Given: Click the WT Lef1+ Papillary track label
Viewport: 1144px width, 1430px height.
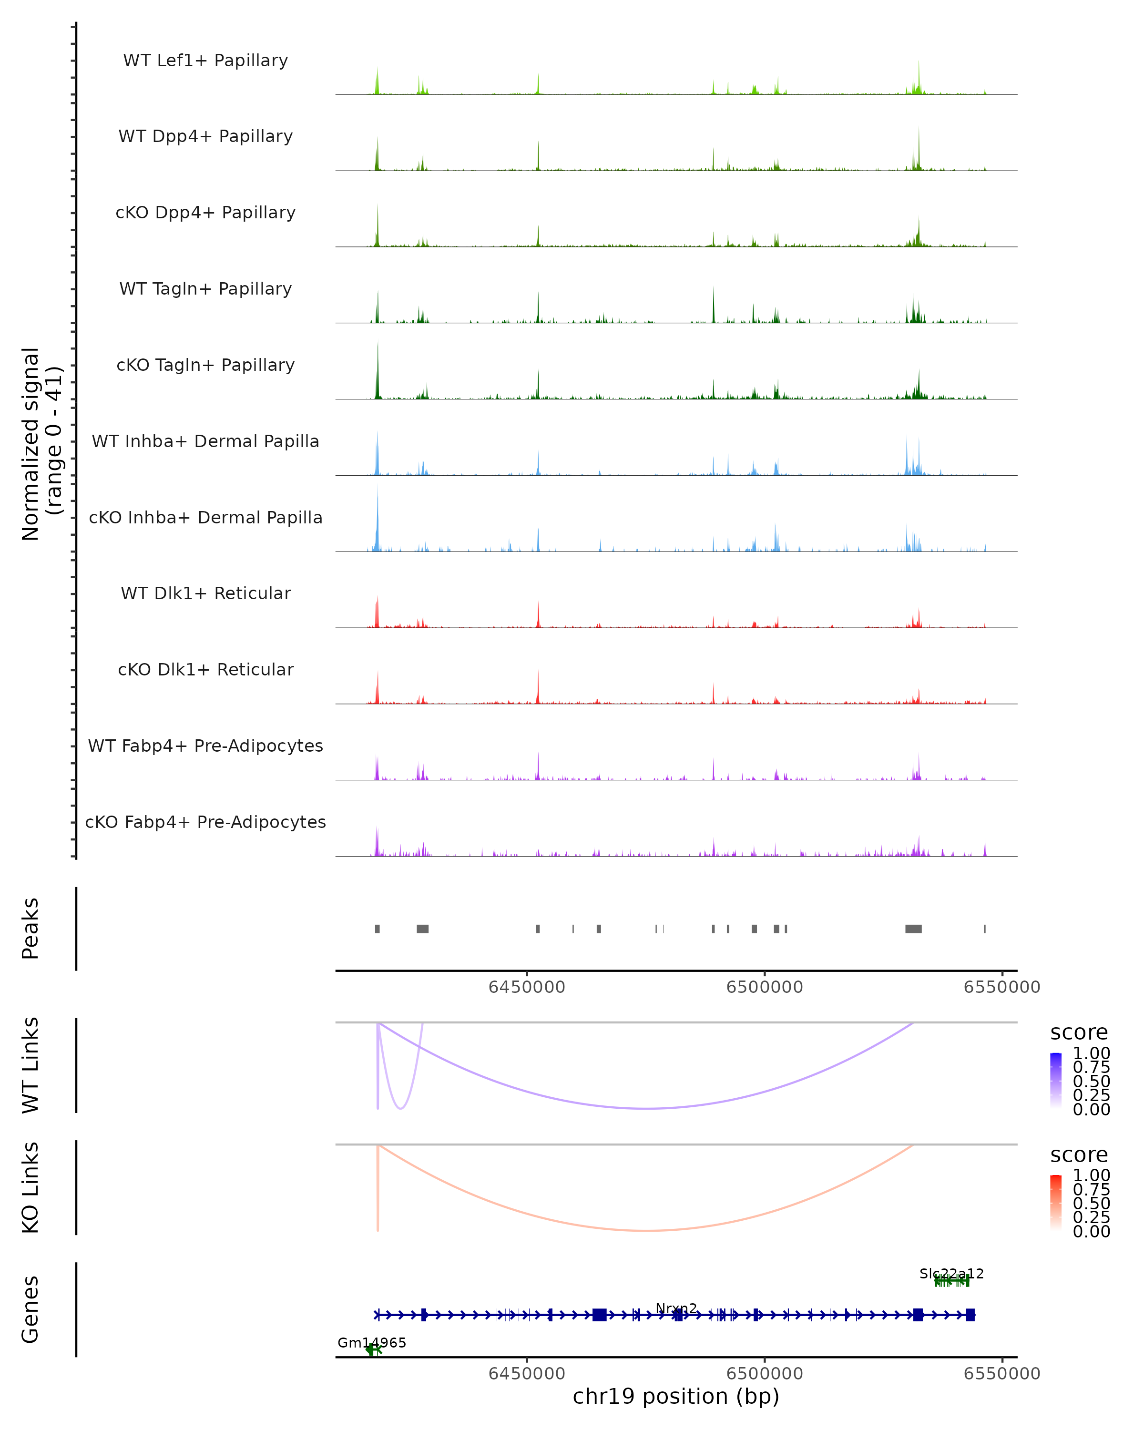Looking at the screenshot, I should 205,61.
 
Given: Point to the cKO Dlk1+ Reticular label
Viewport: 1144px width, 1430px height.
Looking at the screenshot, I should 205,669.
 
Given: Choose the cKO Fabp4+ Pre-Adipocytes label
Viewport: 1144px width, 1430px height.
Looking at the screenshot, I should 205,822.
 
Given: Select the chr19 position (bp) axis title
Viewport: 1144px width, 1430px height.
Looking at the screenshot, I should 676,1396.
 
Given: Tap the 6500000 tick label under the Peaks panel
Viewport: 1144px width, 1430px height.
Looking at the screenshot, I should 765,987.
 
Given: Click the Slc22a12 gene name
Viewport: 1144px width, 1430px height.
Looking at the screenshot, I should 952,1274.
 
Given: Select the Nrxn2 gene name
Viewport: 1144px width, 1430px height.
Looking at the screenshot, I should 676,1308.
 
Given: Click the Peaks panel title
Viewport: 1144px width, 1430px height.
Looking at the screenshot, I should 31,928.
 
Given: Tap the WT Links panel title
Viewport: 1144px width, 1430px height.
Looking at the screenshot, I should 31,1065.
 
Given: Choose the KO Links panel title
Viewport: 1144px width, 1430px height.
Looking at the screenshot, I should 31,1187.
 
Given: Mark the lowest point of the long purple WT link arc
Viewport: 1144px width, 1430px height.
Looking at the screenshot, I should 647,1108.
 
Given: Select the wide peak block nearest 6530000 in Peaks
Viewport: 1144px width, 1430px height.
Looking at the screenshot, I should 913,929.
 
